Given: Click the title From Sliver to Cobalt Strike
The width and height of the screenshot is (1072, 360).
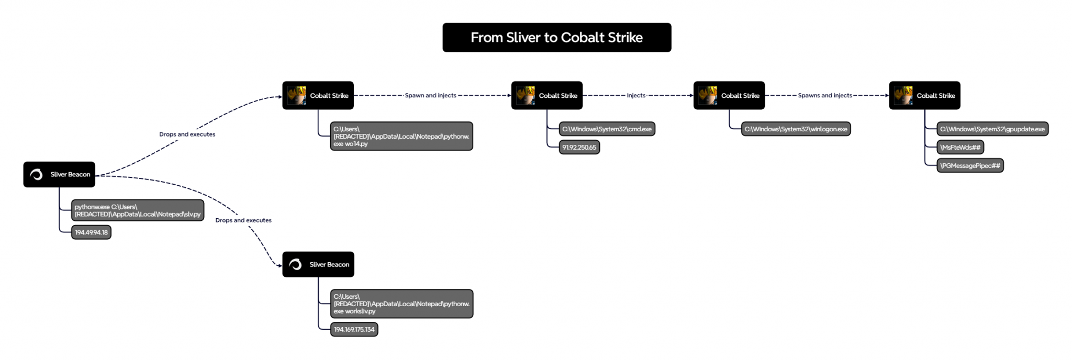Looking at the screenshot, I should [x=556, y=37].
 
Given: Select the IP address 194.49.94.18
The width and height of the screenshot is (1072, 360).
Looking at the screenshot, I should [x=91, y=232].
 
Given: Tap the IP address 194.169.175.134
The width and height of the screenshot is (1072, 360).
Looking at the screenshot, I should [x=354, y=330].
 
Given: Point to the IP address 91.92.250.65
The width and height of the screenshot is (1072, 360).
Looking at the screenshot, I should [x=579, y=148].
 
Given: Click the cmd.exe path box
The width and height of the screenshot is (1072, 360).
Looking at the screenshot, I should [x=607, y=129].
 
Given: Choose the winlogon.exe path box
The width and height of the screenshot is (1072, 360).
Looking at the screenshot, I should [x=796, y=129].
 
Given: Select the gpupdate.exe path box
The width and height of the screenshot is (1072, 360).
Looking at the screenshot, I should [x=992, y=129].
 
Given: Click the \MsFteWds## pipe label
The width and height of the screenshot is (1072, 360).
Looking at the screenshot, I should [x=960, y=148].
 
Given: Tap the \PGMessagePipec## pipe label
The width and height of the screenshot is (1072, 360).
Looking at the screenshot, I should [x=969, y=166].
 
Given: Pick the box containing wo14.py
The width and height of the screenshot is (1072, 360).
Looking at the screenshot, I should [x=401, y=136].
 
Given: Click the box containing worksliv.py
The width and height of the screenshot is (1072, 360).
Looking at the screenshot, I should [x=401, y=303].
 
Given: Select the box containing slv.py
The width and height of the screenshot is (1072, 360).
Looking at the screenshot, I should [x=137, y=210].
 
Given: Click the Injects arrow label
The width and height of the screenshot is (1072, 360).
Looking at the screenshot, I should [x=636, y=95].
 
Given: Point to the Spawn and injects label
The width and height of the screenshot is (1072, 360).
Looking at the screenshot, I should [x=430, y=95].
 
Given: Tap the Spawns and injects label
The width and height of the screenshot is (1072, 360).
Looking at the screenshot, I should [x=824, y=95].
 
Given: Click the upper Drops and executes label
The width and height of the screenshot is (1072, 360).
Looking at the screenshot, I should [x=187, y=134].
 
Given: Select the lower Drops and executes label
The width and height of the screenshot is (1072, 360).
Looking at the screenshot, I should [x=243, y=220].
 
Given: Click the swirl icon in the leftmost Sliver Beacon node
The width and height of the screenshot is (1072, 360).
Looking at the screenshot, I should [x=36, y=174].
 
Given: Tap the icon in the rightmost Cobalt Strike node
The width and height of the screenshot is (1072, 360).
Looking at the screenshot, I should [x=903, y=95].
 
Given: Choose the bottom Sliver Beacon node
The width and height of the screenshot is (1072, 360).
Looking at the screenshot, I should [x=318, y=264].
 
